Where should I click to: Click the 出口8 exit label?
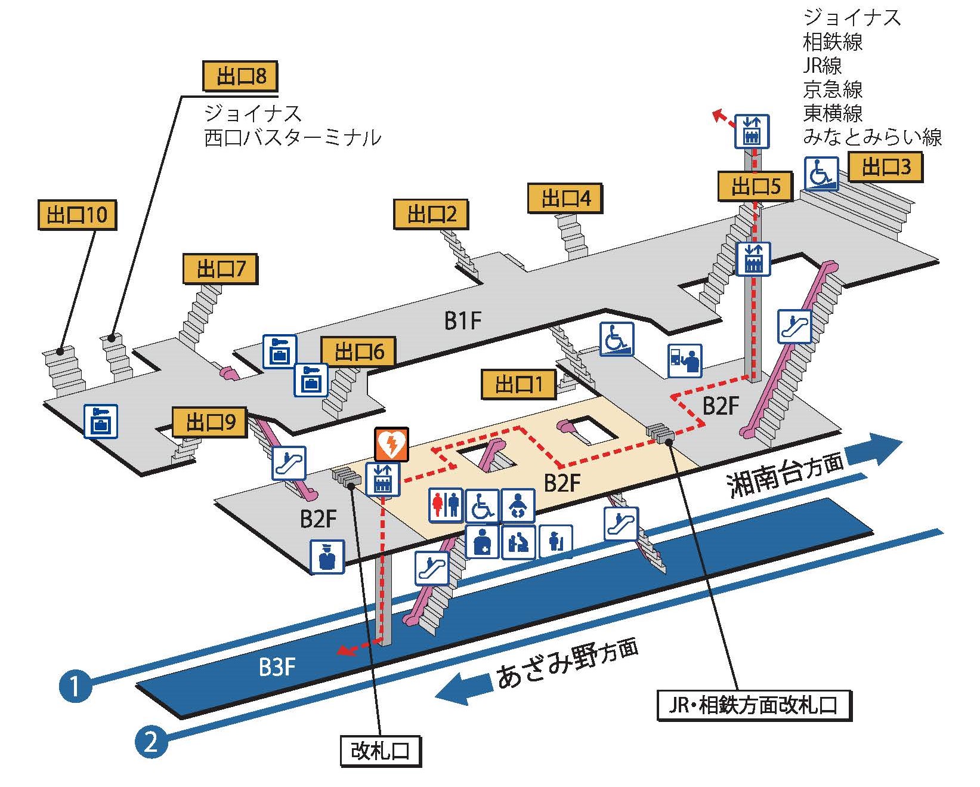240,76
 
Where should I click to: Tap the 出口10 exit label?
77,214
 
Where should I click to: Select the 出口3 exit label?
886,166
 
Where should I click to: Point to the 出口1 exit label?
518,384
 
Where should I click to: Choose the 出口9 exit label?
210,422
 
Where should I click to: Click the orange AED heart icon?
391,444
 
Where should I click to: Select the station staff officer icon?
327,557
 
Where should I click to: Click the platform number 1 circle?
75,686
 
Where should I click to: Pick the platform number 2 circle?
151,741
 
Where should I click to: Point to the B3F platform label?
277,666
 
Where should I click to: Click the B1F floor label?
463,321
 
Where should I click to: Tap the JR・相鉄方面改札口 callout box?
754,706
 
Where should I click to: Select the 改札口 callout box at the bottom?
381,751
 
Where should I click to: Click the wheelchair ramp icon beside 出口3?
821,173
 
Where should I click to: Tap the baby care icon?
518,505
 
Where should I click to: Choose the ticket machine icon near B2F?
685,360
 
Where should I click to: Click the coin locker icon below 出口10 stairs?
101,421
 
